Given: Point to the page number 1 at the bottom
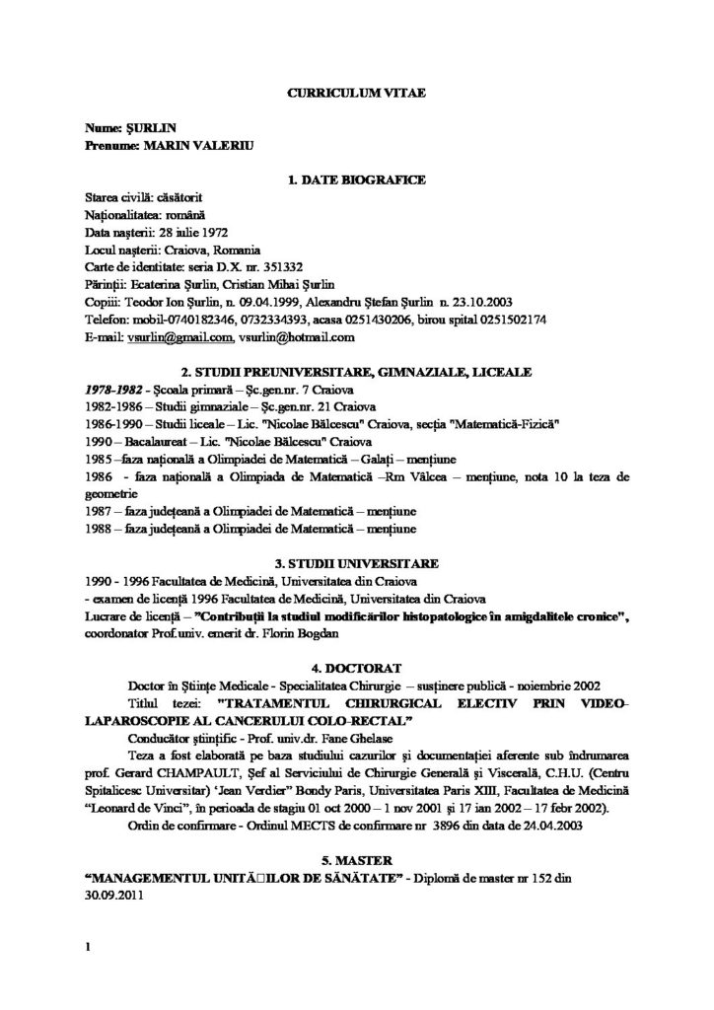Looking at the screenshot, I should point(88,949).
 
